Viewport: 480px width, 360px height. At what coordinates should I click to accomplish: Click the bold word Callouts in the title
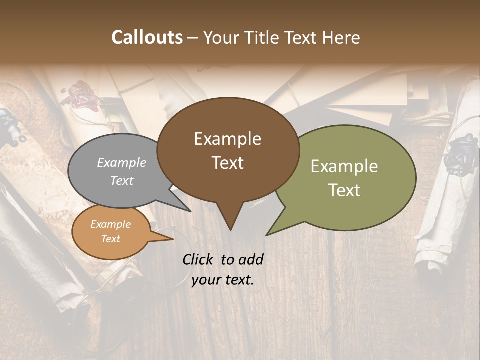coord(147,37)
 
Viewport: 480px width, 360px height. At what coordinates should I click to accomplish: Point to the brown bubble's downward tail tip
coord(230,229)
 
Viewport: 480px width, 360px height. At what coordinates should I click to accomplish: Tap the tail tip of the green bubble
coord(268,234)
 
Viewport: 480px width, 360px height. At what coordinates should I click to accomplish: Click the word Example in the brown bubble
coord(227,139)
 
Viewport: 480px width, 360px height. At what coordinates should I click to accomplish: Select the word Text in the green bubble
coord(344,190)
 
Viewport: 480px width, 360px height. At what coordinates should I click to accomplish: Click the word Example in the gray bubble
coord(122,162)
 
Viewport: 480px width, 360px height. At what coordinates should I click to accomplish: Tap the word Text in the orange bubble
coord(111,239)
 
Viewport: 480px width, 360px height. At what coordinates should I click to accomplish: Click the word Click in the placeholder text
coord(198,259)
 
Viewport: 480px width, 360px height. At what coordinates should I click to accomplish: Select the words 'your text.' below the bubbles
coord(223,280)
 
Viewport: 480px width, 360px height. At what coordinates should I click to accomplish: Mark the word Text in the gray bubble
coord(122,181)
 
